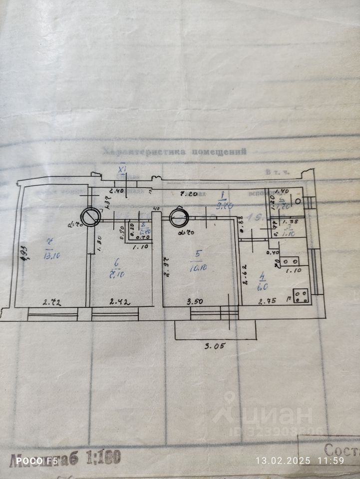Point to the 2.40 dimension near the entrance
point(116,191)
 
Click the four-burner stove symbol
point(301,296)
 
